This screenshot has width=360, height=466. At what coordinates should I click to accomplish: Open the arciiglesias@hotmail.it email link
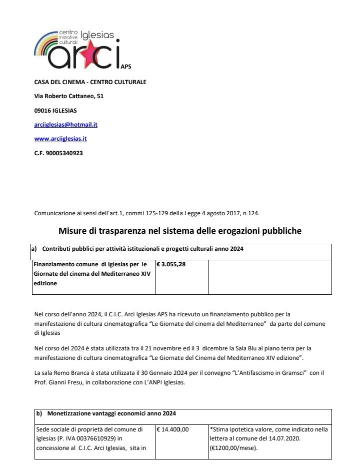pyautogui.click(x=65, y=125)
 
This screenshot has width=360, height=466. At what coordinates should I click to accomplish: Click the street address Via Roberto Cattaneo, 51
pyautogui.click(x=69, y=96)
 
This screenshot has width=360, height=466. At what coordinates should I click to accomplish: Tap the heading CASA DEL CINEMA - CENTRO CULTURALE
pyautogui.click(x=90, y=82)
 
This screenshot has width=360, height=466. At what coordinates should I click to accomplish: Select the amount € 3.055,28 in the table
pyautogui.click(x=171, y=264)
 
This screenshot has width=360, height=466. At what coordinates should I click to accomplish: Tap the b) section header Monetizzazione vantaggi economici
pyautogui.click(x=111, y=413)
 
